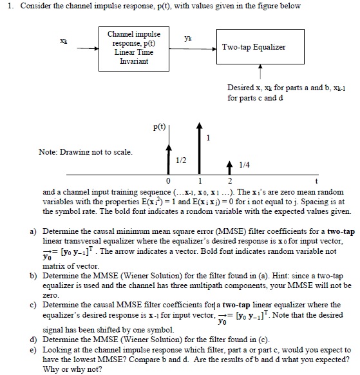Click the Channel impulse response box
(x=135, y=46)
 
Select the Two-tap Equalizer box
(x=254, y=47)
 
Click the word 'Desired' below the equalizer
(x=240, y=86)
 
